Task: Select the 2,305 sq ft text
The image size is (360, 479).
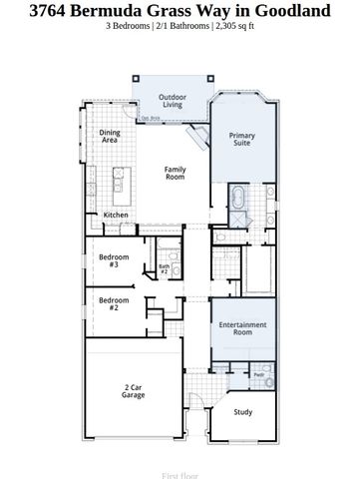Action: point(234,25)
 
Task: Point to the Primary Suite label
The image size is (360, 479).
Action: point(241,140)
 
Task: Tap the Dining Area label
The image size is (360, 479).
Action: point(109,137)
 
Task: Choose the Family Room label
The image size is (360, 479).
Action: point(175,173)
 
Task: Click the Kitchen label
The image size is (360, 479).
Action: point(116,216)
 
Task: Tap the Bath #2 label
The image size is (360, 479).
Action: point(165,268)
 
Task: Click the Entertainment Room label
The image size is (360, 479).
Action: point(243,328)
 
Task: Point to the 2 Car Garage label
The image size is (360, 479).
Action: point(134,392)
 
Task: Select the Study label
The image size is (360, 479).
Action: point(242,411)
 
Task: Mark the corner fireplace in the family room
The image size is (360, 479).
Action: point(199,138)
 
